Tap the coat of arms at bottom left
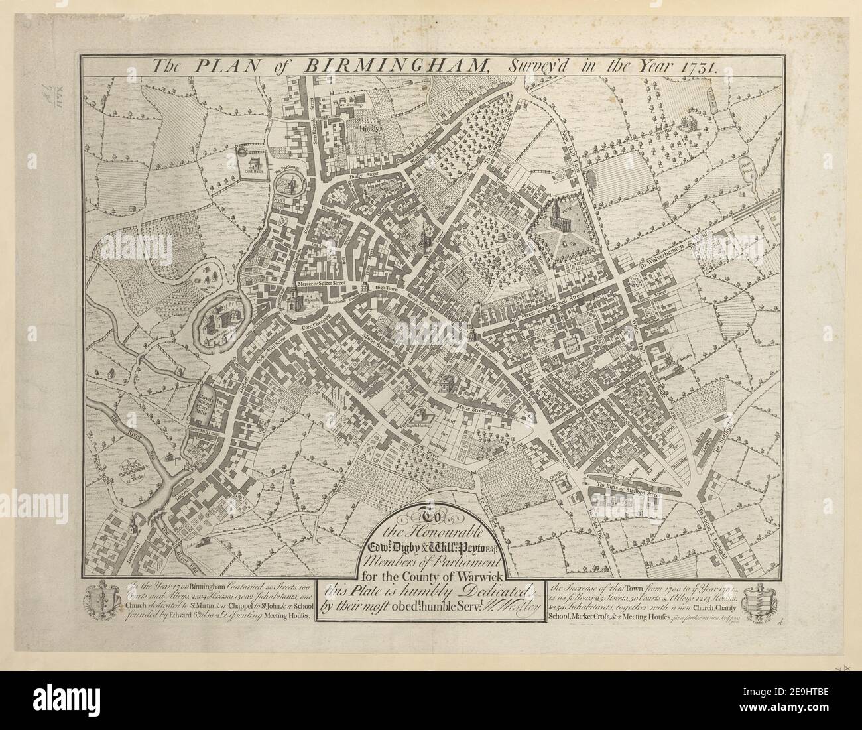[99, 601]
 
